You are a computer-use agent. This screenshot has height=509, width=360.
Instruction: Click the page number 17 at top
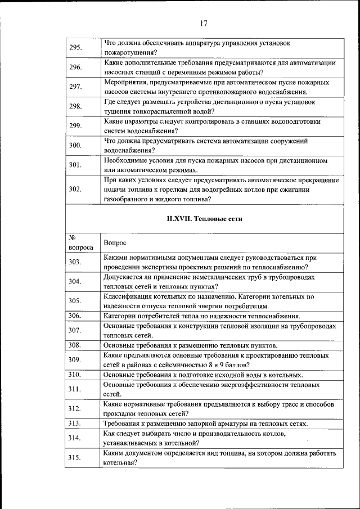click(x=204, y=24)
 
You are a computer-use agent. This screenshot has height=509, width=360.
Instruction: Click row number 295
click(x=76, y=47)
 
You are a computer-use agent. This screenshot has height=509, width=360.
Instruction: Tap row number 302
click(x=76, y=189)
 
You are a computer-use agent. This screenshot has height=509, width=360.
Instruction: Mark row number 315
click(x=76, y=458)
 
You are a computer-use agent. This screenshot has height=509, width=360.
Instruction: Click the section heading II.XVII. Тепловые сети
click(x=205, y=219)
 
